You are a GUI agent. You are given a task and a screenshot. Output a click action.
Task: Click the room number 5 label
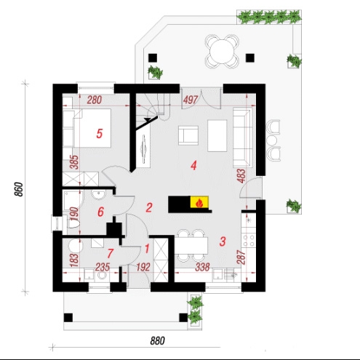click(100, 134)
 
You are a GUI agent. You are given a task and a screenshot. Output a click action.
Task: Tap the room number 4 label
click(193, 166)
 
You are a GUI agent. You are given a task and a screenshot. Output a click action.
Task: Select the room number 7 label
click(110, 254)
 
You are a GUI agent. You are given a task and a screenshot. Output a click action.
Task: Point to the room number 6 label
click(100, 212)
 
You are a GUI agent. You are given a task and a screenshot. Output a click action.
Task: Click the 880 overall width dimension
click(158, 341)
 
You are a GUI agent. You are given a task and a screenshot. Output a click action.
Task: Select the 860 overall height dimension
click(19, 189)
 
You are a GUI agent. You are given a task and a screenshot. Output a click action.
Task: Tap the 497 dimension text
click(191, 100)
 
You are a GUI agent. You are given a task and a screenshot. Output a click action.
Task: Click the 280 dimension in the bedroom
click(94, 100)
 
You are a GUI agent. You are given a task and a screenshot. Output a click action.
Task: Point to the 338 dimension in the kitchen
click(202, 267)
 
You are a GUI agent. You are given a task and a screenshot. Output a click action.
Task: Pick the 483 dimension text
click(242, 176)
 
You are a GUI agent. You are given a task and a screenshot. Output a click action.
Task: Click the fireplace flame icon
click(199, 203)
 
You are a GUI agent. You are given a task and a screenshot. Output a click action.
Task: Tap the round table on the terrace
click(222, 52)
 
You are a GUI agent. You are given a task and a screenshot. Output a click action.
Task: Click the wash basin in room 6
click(98, 194)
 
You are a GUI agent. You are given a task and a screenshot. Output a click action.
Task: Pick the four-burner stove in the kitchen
click(249, 241)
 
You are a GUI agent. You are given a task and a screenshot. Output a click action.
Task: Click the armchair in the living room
click(188, 135)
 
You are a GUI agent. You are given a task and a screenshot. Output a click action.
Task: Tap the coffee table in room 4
click(217, 135)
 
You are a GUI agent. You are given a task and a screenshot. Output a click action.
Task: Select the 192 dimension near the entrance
click(143, 267)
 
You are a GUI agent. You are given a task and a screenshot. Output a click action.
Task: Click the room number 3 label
click(223, 241)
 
